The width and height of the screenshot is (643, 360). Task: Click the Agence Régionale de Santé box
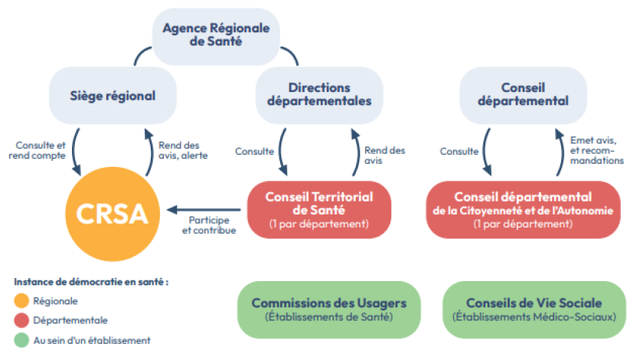(216, 36)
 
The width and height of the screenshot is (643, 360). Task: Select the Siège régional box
(113, 96)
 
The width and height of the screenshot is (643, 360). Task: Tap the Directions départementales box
(319, 96)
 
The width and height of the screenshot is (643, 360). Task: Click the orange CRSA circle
(113, 214)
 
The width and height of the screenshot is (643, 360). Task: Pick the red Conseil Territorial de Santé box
(319, 210)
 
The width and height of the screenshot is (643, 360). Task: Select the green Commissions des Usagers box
(329, 309)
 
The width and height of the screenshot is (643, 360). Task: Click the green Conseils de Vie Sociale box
(534, 309)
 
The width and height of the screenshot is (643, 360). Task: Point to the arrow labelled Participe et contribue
(204, 210)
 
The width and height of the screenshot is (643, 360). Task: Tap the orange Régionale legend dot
(21, 300)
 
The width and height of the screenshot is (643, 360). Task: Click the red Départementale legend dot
(21, 320)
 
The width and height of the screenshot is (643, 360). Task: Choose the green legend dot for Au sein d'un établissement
(21, 340)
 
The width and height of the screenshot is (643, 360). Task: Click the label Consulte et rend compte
(38, 151)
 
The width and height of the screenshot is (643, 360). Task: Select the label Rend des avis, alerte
(183, 151)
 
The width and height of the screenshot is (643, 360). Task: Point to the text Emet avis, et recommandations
(596, 150)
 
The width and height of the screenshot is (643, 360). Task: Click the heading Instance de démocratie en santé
(91, 282)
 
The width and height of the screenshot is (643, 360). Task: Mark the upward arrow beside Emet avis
(561, 152)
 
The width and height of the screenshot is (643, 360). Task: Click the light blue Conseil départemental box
(524, 96)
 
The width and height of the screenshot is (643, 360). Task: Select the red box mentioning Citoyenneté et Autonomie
(524, 210)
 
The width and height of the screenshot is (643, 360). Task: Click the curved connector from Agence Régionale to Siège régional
(140, 53)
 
